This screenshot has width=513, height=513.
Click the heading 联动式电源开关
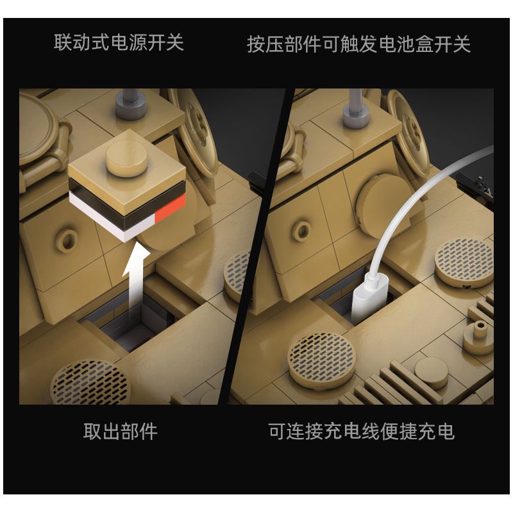pos(119,43)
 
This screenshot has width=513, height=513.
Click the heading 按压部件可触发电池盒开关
pos(358,44)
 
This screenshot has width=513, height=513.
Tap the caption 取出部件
pos(120,431)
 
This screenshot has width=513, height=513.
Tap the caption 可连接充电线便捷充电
pos(361,431)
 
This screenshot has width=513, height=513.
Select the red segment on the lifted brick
pos(171,211)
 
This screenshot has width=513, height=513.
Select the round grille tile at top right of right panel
pos(464,260)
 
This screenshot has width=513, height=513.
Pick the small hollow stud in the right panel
pos(301,229)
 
